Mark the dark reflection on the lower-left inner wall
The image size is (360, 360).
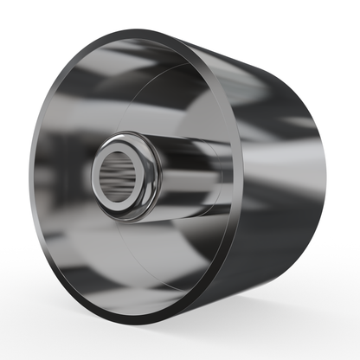69,251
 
